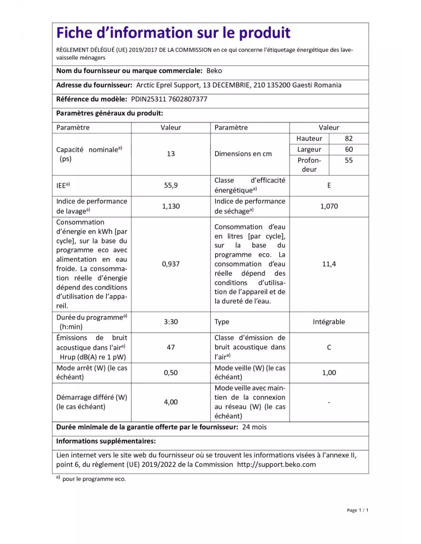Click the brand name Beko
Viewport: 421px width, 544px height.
click(x=214, y=71)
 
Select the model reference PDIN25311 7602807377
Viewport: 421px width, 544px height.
click(x=169, y=99)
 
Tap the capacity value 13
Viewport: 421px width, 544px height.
click(x=171, y=154)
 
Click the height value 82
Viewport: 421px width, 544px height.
click(x=349, y=138)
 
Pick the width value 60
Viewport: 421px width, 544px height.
click(x=349, y=150)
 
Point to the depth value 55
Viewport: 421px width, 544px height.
click(x=349, y=160)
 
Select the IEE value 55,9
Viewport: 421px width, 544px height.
click(x=171, y=185)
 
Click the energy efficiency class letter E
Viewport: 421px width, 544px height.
click(x=329, y=185)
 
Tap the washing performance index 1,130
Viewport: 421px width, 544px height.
click(x=171, y=206)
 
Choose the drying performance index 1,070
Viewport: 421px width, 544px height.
click(x=329, y=206)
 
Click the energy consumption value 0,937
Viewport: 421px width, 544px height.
click(x=171, y=264)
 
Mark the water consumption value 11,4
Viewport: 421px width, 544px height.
click(x=329, y=264)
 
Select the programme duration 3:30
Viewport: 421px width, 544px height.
click(x=171, y=322)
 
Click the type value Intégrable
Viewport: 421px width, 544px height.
click(x=329, y=322)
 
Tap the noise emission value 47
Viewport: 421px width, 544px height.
click(x=171, y=347)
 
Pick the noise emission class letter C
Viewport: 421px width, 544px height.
click(x=329, y=347)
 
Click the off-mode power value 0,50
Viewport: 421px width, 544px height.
click(x=171, y=373)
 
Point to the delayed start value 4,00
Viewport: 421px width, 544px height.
click(x=171, y=402)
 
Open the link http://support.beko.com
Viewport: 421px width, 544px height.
click(x=276, y=464)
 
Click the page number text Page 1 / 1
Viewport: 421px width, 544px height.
click(x=357, y=510)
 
